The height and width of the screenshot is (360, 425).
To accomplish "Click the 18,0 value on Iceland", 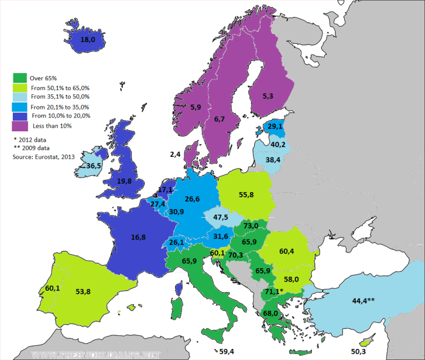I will click(89, 40).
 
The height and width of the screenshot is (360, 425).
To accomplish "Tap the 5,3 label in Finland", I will click(268, 95).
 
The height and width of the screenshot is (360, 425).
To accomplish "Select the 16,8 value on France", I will click(138, 238).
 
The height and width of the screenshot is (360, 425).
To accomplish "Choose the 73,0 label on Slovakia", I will click(251, 226).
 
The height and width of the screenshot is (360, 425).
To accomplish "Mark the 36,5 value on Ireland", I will click(94, 165).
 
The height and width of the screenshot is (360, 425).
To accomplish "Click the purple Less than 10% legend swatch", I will click(20, 126).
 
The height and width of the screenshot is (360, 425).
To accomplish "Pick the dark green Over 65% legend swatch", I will click(20, 78).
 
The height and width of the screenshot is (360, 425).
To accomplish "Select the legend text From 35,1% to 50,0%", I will click(60, 96).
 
